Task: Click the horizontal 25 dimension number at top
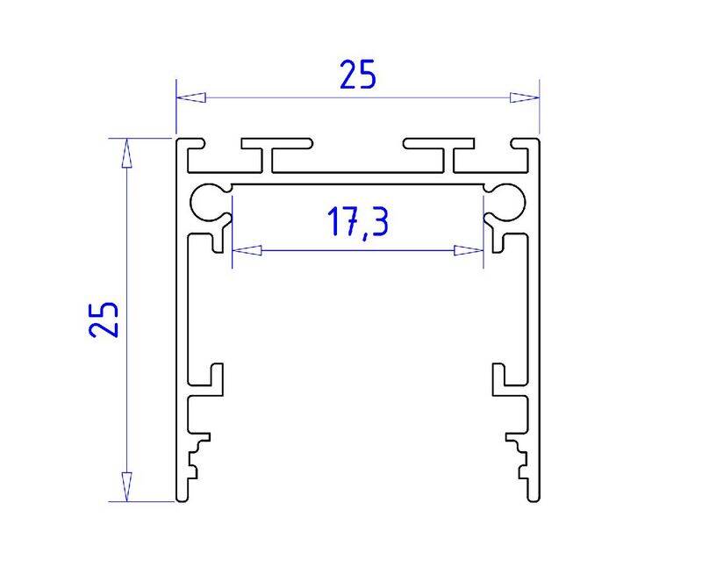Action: coord(358,75)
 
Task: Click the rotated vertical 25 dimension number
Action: coord(104,320)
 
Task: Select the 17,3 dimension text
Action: coord(358,222)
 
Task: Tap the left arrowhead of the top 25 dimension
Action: coord(191,97)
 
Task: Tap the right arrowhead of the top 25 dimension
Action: coord(524,97)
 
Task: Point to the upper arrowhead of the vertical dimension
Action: coord(127,154)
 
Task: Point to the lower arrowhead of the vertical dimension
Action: coord(127,486)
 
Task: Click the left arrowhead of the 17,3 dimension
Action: coord(247,250)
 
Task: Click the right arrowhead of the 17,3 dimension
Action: coord(469,250)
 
